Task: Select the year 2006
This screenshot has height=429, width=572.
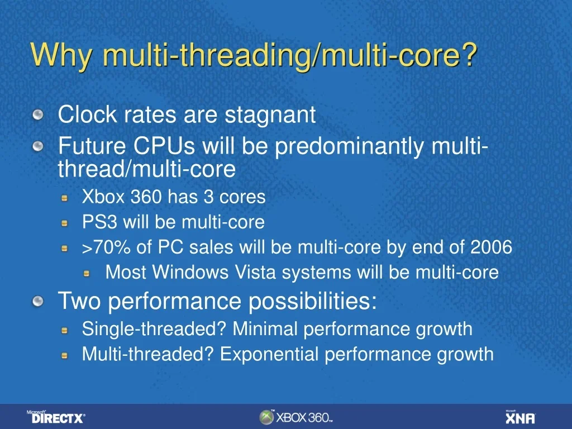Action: [x=491, y=247]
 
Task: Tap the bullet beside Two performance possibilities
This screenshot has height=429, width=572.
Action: [x=37, y=302]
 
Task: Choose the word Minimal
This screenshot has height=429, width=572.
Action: [x=265, y=329]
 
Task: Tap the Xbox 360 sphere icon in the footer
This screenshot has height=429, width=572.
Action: [x=266, y=417]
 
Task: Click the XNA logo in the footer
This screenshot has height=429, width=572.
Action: [x=520, y=417]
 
